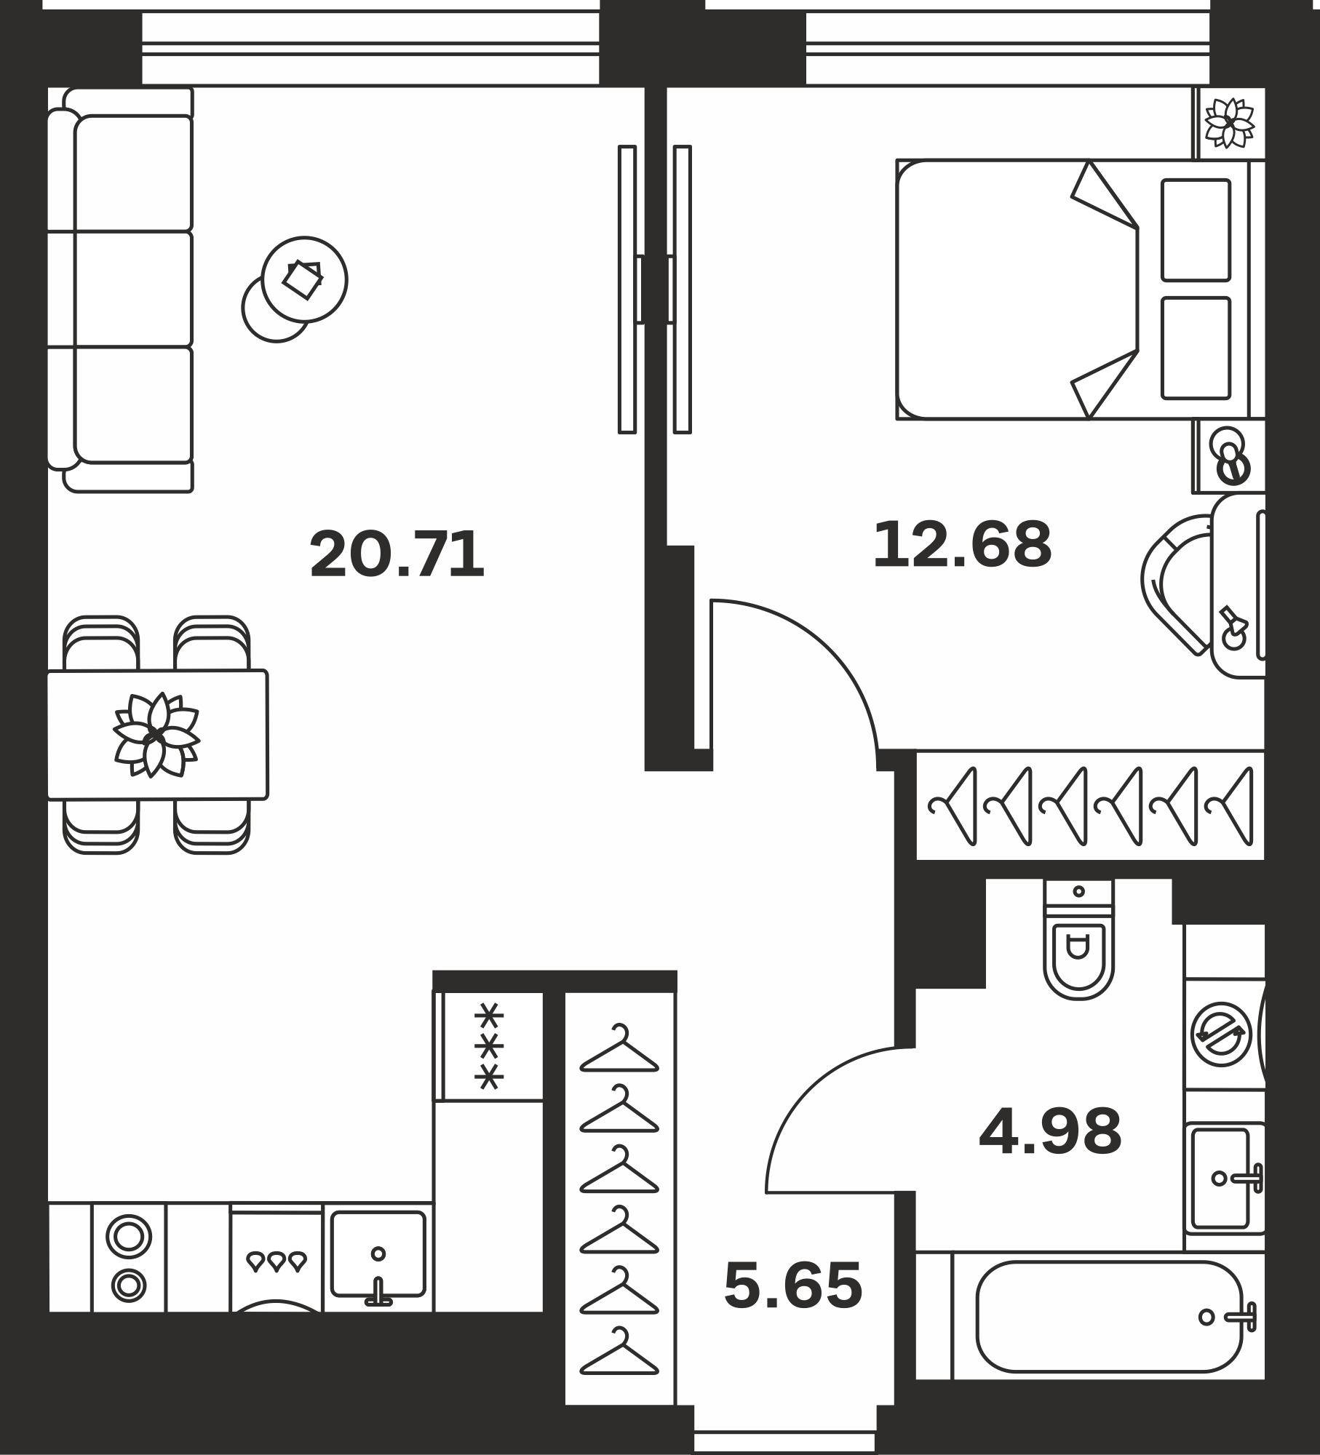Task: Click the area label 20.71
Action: [x=397, y=554]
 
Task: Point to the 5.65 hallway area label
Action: [x=793, y=1285]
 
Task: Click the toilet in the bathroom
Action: [x=1078, y=938]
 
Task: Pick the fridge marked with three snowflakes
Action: [x=489, y=1047]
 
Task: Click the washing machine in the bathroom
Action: [x=1225, y=1035]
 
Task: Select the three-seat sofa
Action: [x=121, y=290]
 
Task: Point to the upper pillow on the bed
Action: [x=1196, y=230]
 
